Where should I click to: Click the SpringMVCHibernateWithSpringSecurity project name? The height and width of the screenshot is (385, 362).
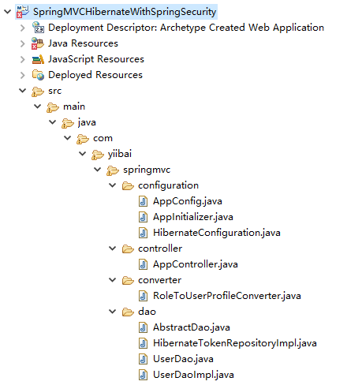[125, 12]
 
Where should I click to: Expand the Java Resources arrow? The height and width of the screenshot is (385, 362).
[23, 43]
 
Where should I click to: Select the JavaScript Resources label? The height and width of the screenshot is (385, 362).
[96, 59]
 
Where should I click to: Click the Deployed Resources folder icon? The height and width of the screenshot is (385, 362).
[38, 75]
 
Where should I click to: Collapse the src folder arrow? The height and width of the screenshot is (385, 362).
[23, 91]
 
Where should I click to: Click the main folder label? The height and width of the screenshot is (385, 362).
[74, 107]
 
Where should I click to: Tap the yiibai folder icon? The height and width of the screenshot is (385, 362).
[98, 155]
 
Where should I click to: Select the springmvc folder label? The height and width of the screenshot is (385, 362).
[147, 170]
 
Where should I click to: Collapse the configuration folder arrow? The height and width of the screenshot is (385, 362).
[113, 185]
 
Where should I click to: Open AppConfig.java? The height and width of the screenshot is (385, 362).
[188, 201]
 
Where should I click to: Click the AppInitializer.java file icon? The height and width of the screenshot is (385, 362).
[143, 217]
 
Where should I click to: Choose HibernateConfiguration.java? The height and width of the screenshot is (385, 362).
[217, 233]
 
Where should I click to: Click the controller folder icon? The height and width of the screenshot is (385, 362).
[128, 249]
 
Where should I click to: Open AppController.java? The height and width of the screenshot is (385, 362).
[196, 264]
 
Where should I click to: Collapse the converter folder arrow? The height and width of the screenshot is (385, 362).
[113, 280]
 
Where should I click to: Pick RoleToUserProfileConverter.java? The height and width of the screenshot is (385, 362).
[227, 296]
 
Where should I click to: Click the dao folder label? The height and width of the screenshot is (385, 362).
[147, 312]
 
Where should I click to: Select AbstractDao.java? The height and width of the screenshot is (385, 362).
[192, 327]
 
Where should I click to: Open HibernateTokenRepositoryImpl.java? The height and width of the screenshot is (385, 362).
[235, 343]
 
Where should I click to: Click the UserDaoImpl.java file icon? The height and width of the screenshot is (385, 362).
[143, 375]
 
